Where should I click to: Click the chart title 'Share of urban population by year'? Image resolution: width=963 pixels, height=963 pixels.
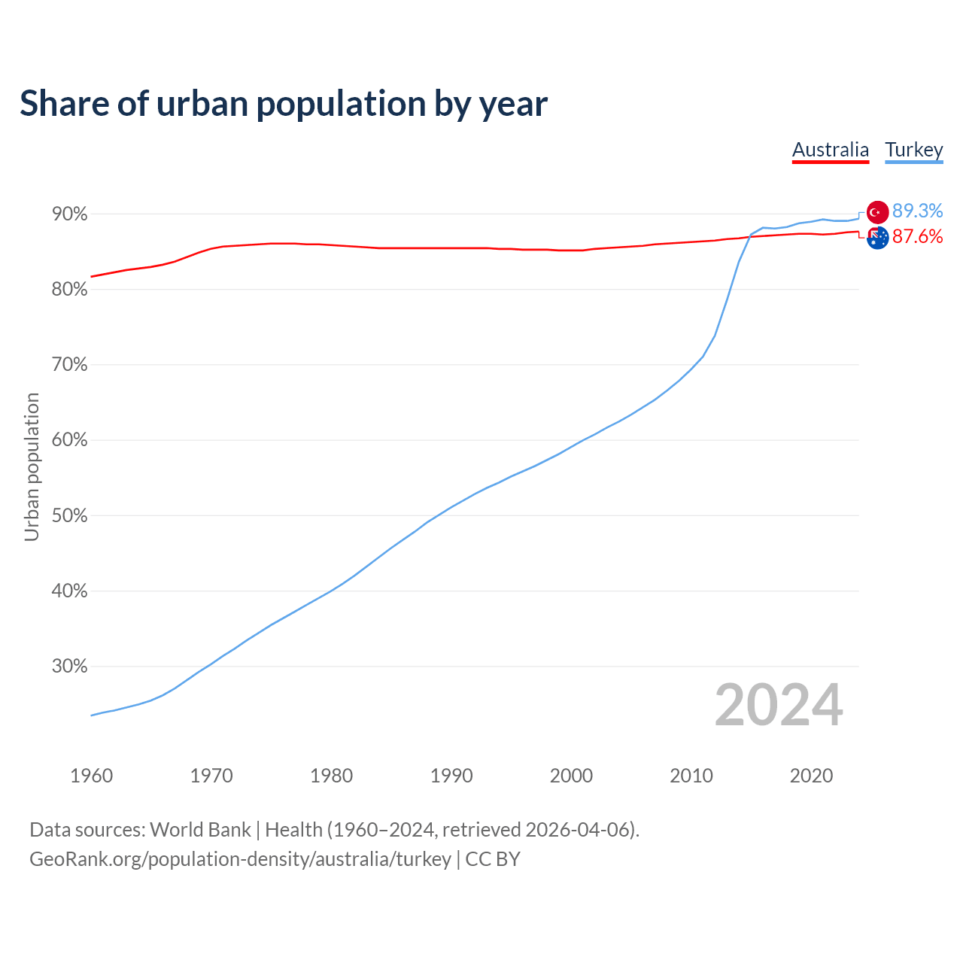tap(284, 104)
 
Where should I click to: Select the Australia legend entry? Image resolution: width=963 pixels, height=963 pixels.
tap(831, 150)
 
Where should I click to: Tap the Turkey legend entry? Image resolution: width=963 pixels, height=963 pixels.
tap(914, 150)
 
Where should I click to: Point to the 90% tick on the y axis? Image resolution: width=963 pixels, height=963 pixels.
tap(70, 214)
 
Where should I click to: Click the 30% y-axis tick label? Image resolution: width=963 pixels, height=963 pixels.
tap(70, 667)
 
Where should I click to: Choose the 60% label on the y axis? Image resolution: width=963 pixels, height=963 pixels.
tap(70, 440)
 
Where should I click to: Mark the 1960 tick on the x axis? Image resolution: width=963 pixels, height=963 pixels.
tap(92, 776)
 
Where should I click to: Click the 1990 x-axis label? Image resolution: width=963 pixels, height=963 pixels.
tap(451, 776)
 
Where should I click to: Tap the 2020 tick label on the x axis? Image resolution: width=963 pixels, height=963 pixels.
tap(811, 776)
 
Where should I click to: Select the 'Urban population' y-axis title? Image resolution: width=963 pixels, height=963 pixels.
tap(32, 466)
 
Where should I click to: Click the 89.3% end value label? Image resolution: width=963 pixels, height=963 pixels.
tap(918, 211)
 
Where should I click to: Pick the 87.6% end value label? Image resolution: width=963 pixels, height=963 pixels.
tap(918, 236)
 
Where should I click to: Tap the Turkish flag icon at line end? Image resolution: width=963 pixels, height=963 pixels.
tap(877, 212)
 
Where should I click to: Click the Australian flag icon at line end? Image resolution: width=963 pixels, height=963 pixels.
tap(878, 238)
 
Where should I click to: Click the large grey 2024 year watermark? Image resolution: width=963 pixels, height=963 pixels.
tap(779, 705)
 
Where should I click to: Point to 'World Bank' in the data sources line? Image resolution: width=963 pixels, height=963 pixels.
tap(200, 830)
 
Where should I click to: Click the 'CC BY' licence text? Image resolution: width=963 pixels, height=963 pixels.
tap(493, 859)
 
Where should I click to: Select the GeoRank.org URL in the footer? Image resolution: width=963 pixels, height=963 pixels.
tap(240, 859)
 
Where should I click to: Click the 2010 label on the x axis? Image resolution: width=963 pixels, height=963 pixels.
tap(691, 776)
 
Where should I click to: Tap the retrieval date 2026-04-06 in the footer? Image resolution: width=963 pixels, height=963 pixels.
tap(577, 830)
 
